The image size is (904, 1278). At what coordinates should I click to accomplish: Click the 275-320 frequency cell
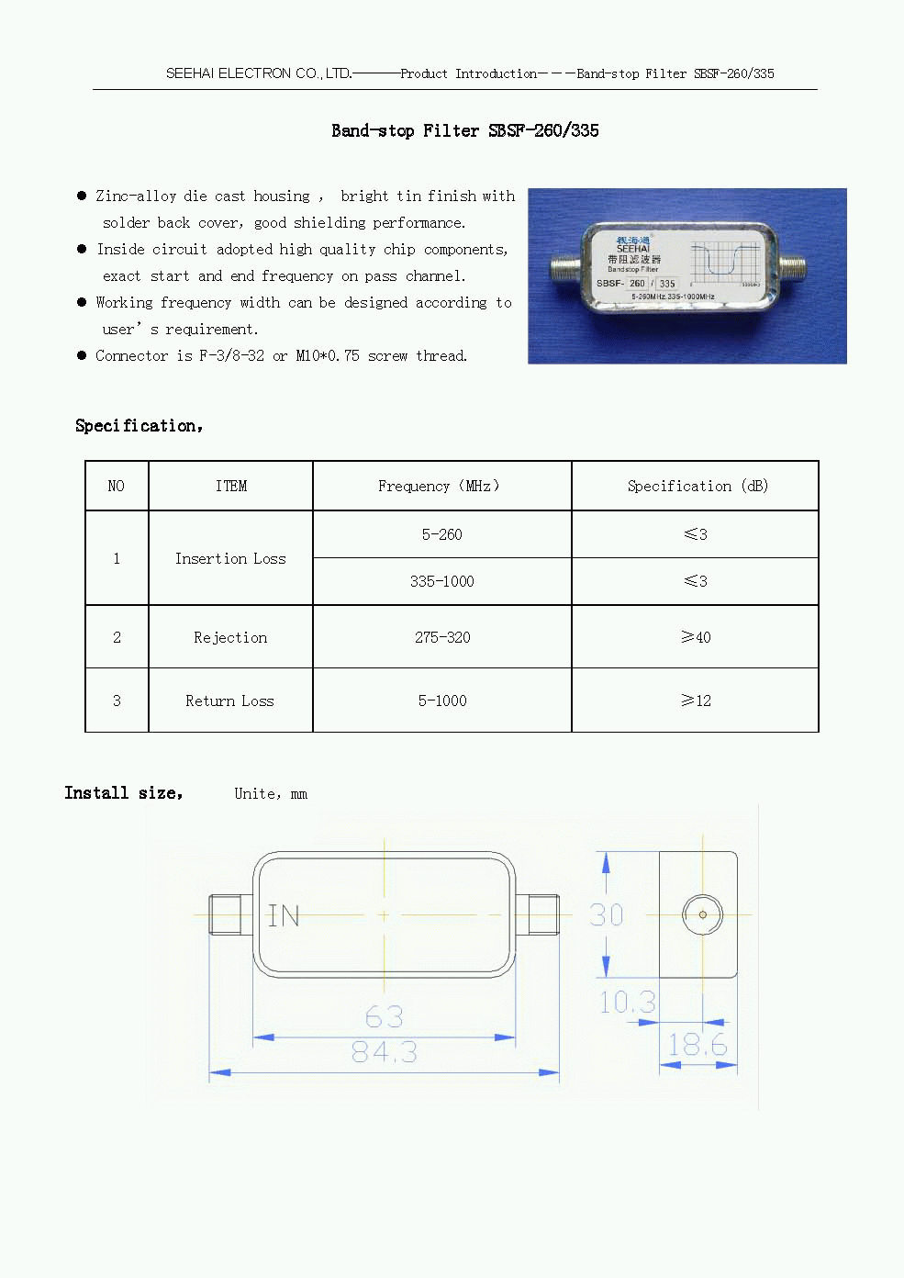442,637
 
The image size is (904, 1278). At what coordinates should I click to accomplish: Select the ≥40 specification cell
696,637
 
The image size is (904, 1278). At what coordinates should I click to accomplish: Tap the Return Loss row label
229,701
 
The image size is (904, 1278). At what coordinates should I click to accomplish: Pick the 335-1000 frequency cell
442,581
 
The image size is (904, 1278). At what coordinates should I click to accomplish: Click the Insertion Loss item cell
230,558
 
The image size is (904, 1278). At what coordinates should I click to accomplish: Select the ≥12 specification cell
696,701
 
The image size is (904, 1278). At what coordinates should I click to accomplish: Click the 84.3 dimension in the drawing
385,1052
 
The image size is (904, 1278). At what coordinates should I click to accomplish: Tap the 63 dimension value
384,1016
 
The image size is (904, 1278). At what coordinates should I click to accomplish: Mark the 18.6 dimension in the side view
697,1045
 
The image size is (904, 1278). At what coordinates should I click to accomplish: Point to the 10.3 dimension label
628,1002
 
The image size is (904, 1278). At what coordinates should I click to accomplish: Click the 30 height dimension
606,914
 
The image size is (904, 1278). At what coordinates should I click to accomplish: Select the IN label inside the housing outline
284,915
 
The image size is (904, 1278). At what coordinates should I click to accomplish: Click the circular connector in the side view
702,914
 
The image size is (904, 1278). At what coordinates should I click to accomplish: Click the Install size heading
124,793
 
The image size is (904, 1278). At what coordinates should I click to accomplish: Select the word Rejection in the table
230,637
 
